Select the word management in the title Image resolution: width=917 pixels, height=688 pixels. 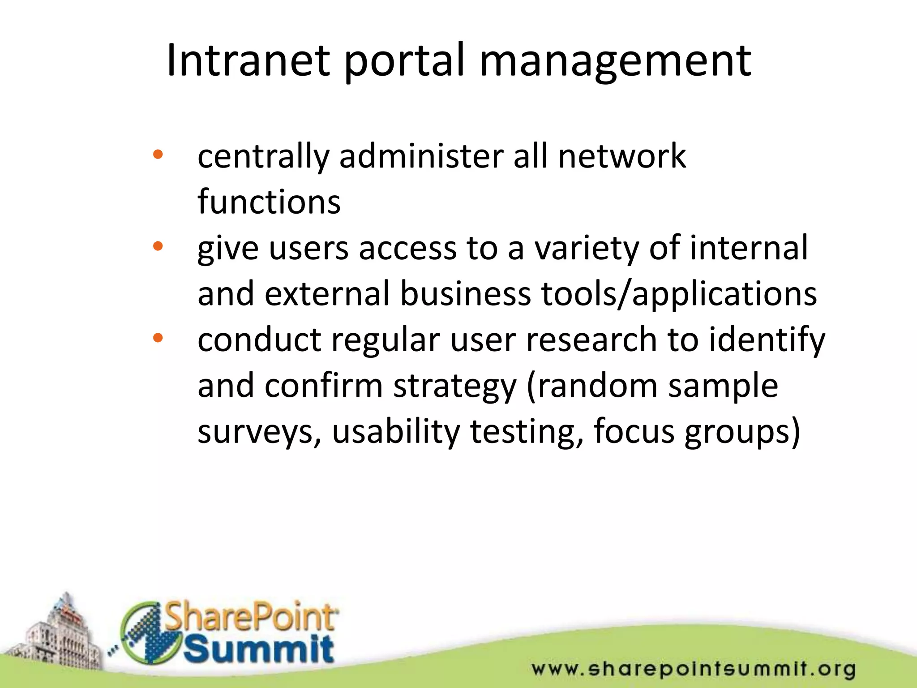click(x=615, y=62)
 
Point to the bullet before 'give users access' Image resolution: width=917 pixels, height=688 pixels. click(x=158, y=246)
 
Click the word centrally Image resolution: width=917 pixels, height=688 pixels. click(x=263, y=157)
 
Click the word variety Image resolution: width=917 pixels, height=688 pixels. click(x=587, y=249)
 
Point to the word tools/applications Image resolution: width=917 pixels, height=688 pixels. click(x=679, y=294)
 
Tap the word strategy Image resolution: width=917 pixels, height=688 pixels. click(x=454, y=386)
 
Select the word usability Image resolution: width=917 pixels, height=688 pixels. click(x=396, y=431)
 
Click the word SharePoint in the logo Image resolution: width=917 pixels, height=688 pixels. click(x=251, y=617)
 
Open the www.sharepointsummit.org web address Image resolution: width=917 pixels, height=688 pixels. click(x=693, y=669)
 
